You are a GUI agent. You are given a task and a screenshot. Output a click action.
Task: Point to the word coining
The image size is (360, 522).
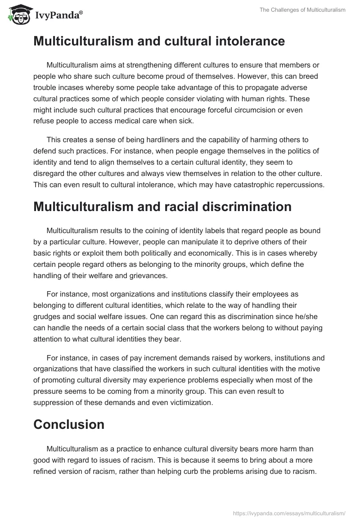[x=148, y=230]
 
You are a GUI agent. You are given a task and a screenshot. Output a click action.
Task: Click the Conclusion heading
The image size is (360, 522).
[x=69, y=424]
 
